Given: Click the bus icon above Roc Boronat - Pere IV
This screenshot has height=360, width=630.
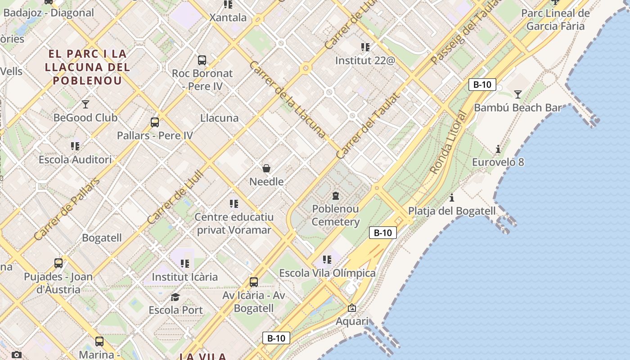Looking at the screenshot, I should [202, 60].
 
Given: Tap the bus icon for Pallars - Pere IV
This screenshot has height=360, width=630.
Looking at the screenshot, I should [155, 122].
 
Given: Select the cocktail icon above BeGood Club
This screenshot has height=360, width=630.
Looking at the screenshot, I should [85, 104].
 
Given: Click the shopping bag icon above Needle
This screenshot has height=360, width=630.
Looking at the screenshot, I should [266, 168].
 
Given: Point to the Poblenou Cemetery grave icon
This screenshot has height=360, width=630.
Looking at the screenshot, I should [336, 195].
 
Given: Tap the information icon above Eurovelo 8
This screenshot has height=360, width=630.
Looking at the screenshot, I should [498, 149].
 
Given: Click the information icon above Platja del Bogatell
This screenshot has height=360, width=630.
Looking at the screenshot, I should [452, 198].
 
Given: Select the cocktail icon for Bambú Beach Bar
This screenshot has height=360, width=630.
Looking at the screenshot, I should [518, 94].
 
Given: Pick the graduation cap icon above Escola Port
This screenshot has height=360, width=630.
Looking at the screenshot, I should [175, 297].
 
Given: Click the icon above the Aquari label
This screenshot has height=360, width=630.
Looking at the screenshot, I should [352, 308].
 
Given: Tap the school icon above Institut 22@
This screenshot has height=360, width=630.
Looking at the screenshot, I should [365, 47].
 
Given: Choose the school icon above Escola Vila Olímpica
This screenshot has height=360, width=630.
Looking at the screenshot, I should [327, 260].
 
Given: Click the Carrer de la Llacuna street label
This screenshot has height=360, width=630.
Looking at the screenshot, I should [287, 99].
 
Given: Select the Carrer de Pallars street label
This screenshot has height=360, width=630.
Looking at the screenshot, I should [66, 209].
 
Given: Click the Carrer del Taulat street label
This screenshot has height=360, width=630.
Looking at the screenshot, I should [368, 126].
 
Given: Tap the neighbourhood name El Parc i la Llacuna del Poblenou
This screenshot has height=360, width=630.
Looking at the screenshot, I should [88, 67].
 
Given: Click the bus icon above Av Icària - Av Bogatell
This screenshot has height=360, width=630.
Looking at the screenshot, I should [254, 282].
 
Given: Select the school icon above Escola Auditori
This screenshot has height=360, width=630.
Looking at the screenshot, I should [75, 146].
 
